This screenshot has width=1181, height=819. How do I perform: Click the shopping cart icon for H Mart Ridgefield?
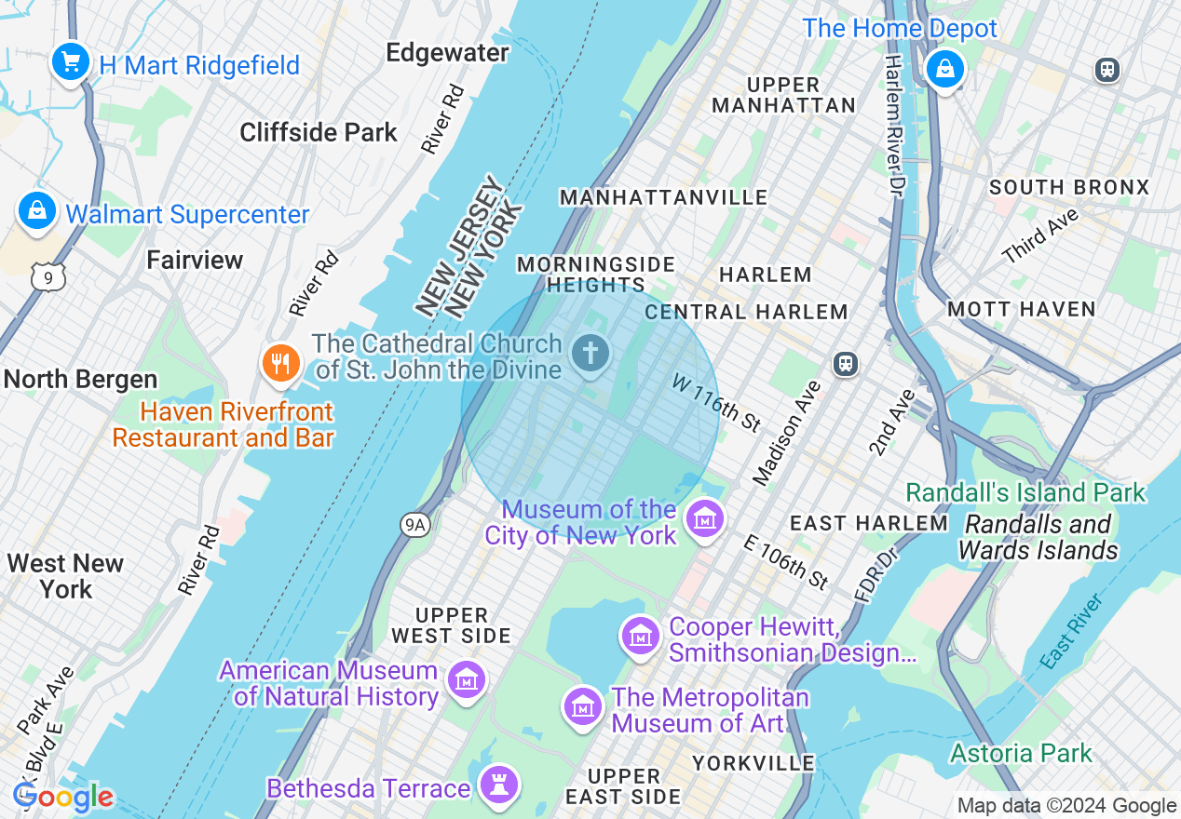pyautogui.click(x=71, y=62)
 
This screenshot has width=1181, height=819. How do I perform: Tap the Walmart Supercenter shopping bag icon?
pyautogui.click(x=37, y=211)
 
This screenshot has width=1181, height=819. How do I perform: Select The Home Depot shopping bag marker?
pyautogui.click(x=945, y=69)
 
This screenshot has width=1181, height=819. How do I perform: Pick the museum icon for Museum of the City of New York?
pyautogui.click(x=704, y=519)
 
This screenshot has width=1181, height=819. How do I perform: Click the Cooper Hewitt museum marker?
pyautogui.click(x=640, y=638)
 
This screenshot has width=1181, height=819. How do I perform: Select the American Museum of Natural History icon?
pyautogui.click(x=466, y=680)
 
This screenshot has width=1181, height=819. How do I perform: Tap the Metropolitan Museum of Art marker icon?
pyautogui.click(x=583, y=707)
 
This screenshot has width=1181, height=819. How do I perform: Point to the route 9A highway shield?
pyautogui.click(x=415, y=526)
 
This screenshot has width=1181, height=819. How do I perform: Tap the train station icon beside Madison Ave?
pyautogui.click(x=846, y=363)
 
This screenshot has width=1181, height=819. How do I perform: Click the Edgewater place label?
pyautogui.click(x=447, y=53)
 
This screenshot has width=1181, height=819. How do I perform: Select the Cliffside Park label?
pyautogui.click(x=319, y=132)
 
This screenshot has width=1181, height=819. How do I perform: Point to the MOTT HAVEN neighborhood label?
pyautogui.click(x=1021, y=309)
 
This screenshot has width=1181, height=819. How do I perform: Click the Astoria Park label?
pyautogui.click(x=1021, y=752)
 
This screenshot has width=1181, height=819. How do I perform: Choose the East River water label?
pyautogui.click(x=1073, y=632)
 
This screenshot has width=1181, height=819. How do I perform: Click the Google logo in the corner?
pyautogui.click(x=63, y=797)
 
